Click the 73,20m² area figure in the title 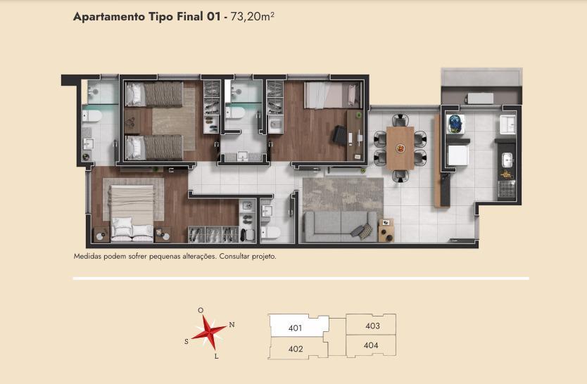252,17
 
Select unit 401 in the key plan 296,328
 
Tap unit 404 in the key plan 371,345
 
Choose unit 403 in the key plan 372,326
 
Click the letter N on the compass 232,324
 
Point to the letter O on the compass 201,310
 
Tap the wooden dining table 400,148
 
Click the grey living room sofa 340,226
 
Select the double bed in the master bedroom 132,213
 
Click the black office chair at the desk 340,135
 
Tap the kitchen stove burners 507,188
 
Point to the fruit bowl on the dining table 400,148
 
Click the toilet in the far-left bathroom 91,116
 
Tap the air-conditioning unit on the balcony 479,98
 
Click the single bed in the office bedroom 332,96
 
